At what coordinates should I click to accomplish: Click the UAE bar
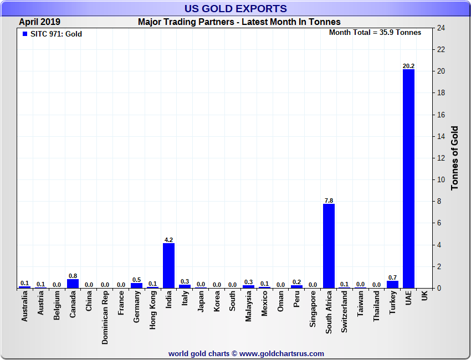tap(408, 178)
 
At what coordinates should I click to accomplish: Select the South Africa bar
tap(329, 246)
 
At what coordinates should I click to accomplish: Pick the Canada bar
tap(73, 284)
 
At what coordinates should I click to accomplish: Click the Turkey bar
tap(392, 285)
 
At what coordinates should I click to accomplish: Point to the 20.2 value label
tap(408, 66)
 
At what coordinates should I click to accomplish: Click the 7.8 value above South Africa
tap(329, 200)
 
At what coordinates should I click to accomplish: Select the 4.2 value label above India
tap(168, 240)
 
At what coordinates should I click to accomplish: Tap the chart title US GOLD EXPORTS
tap(235, 9)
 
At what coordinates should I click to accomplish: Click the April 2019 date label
tap(40, 22)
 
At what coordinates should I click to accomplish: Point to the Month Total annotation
tap(375, 33)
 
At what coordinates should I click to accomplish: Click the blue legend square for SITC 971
tap(24, 34)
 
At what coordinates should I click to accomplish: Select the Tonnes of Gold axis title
tap(455, 158)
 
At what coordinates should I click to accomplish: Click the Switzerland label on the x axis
tap(345, 312)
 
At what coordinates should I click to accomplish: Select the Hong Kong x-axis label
tap(153, 311)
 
